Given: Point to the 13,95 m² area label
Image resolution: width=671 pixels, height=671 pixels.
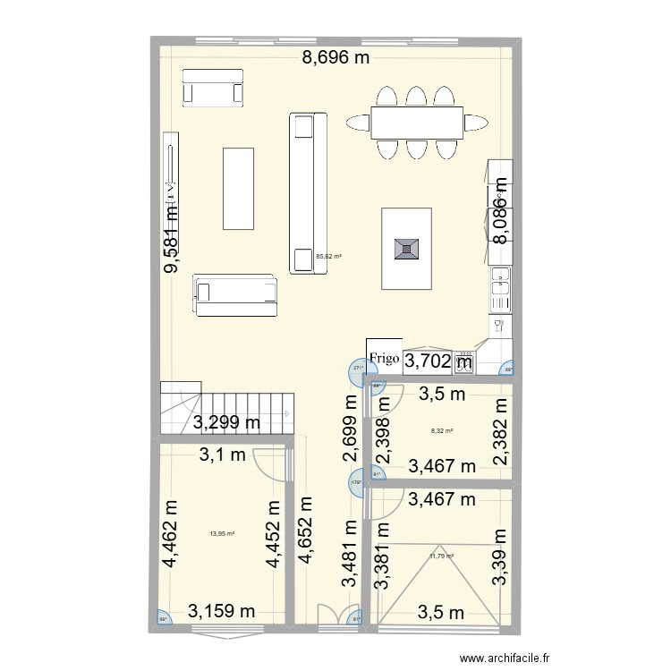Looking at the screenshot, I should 222,534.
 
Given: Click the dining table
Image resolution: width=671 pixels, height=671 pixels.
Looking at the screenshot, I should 416,123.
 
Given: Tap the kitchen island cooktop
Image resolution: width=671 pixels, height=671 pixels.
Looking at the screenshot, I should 407,249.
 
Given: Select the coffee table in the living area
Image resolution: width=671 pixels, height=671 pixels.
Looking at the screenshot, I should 238,189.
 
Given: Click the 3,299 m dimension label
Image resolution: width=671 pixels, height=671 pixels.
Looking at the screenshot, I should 227,423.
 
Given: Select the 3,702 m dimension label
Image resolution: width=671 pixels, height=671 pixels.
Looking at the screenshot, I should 439,361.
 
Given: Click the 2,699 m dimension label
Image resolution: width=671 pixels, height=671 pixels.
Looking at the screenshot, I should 350,429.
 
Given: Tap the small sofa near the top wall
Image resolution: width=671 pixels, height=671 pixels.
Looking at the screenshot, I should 212,88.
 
